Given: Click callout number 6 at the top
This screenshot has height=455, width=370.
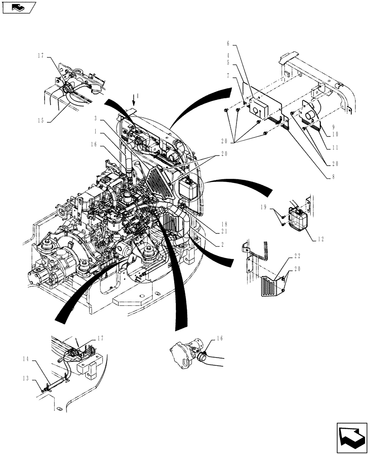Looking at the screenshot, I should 228,45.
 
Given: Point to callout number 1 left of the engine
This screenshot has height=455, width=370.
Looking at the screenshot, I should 96,131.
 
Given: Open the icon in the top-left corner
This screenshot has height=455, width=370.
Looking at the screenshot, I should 18,7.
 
